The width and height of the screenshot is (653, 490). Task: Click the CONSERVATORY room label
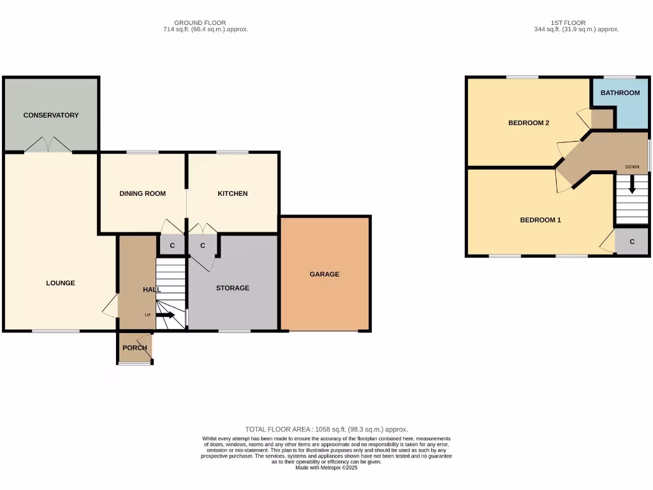pos(51,115)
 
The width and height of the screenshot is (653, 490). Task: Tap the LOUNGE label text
pos(61,283)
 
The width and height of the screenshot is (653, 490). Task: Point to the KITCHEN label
pos(233,194)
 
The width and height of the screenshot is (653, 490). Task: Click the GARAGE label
pos(325,274)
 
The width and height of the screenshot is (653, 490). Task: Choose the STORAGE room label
pos(233,288)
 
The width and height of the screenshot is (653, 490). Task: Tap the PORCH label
pos(135,348)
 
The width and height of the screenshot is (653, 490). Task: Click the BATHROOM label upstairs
pos(620,93)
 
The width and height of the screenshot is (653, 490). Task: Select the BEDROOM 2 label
pos(529,123)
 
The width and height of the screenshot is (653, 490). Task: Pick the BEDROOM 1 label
pos(541,220)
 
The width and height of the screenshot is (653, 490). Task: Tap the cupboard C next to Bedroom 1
pos(632,242)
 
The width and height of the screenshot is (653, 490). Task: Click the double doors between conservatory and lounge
pos(48,146)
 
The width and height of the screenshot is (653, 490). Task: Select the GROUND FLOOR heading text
pos(200,23)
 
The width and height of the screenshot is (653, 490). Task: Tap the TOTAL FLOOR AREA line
pos(326,429)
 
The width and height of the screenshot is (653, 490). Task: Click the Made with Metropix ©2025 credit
pos(326,468)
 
